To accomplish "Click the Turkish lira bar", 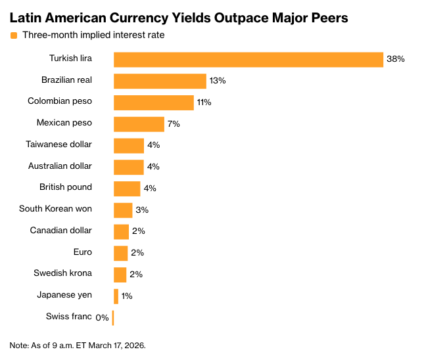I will click(248, 59).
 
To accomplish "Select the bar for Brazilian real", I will click(160, 81).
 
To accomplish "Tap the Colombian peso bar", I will click(154, 102).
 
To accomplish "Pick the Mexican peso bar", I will click(139, 124).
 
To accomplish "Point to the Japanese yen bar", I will click(116, 296).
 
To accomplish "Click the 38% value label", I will click(395, 59).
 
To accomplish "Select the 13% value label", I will click(218, 81).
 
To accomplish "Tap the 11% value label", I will click(204, 102).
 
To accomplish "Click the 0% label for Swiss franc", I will click(102, 318).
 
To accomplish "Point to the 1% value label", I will click(127, 296).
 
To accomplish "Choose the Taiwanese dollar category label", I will click(59, 145).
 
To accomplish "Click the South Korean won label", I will click(55, 209).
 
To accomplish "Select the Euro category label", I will click(83, 252).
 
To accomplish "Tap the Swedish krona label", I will click(62, 273).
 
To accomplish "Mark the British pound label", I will click(66, 187).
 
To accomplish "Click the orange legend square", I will click(14, 35).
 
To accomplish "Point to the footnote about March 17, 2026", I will click(78, 345).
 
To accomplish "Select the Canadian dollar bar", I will click(121, 231).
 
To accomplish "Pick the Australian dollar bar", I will click(128, 167).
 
